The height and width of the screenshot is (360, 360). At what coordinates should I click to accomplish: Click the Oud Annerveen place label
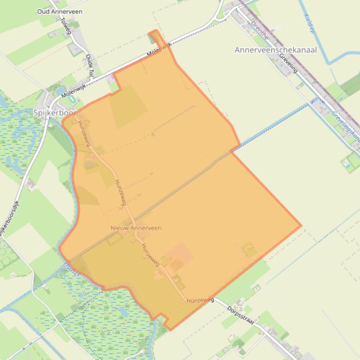tap(59, 11)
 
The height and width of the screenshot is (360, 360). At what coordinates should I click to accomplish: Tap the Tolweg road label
tap(66, 26)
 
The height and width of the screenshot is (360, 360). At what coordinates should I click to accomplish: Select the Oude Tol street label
tap(89, 65)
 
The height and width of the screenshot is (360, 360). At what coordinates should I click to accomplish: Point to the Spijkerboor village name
tap(54, 113)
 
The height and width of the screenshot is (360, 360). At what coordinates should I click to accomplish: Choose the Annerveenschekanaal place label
tap(275, 50)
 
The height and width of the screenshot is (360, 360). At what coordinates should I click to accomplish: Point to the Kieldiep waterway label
tap(309, 23)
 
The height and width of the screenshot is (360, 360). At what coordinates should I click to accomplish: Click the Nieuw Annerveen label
tap(136, 228)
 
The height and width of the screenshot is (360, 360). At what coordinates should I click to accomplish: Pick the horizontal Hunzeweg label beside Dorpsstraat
tap(200, 300)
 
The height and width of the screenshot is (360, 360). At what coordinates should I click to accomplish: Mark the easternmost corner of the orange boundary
tap(301, 225)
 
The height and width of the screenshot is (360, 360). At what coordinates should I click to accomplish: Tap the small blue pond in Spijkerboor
tap(60, 91)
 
